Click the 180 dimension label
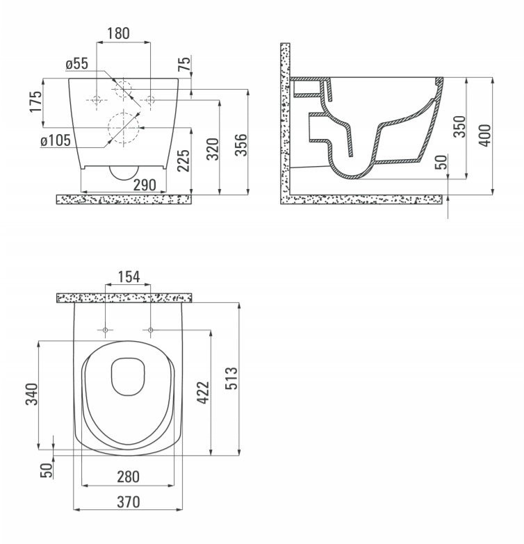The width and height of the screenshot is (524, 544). [118, 33]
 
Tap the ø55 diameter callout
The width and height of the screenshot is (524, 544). [77, 64]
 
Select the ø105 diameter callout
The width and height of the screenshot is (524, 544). [56, 140]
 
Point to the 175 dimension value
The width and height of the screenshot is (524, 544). [35, 101]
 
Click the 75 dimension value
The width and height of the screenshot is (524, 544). [184, 63]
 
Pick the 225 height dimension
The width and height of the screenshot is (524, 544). [183, 160]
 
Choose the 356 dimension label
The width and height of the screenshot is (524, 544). [241, 145]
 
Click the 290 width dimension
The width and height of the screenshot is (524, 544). [145, 185]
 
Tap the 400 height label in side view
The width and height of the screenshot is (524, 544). [486, 135]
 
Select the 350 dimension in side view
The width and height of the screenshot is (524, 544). [459, 126]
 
